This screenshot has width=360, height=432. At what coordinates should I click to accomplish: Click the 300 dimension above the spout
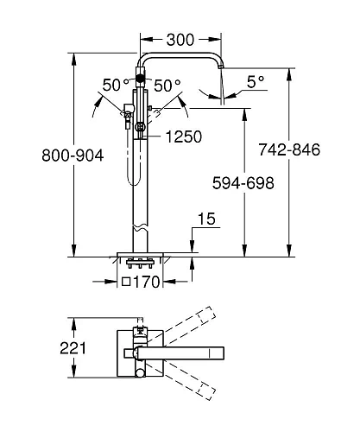[180, 40]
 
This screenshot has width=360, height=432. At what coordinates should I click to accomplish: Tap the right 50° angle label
[167, 86]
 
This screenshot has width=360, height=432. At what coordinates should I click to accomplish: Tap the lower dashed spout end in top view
[207, 394]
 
